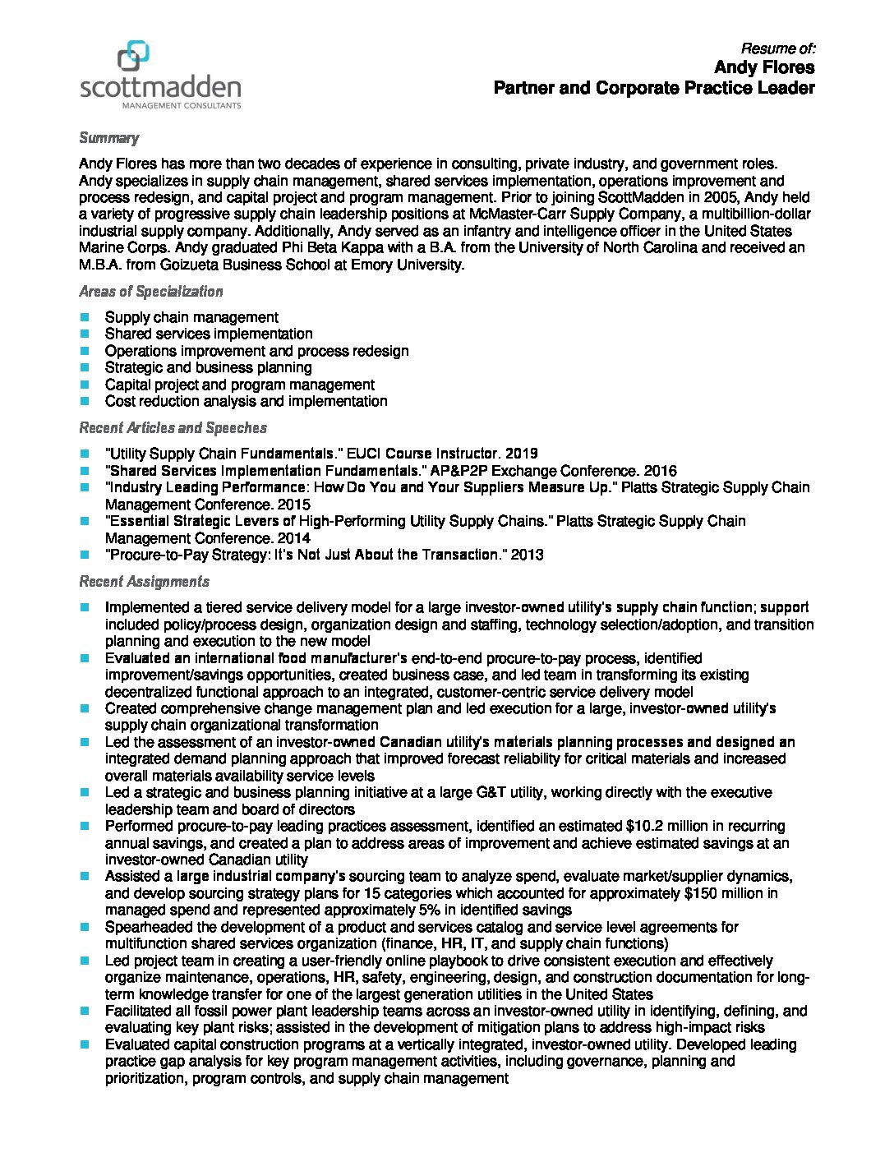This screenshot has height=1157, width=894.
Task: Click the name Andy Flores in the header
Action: pos(764,67)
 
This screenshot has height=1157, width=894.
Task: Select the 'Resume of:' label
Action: pos(777,48)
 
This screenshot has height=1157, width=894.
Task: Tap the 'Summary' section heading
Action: pos(108,138)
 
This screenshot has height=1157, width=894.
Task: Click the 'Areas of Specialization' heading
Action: pos(150,292)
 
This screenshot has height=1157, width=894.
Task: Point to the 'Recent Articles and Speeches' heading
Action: pos(173,428)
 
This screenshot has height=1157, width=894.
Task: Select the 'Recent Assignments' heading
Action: pos(144,582)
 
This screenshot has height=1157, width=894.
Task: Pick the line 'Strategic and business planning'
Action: pos(208,367)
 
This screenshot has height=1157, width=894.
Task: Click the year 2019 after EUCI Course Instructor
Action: pos(522,454)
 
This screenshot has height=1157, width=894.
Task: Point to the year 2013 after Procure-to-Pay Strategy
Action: pos(527,555)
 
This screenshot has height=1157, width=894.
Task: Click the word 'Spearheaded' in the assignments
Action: pos(146,927)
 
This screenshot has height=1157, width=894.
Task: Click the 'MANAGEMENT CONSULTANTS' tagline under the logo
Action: pos(182,105)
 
